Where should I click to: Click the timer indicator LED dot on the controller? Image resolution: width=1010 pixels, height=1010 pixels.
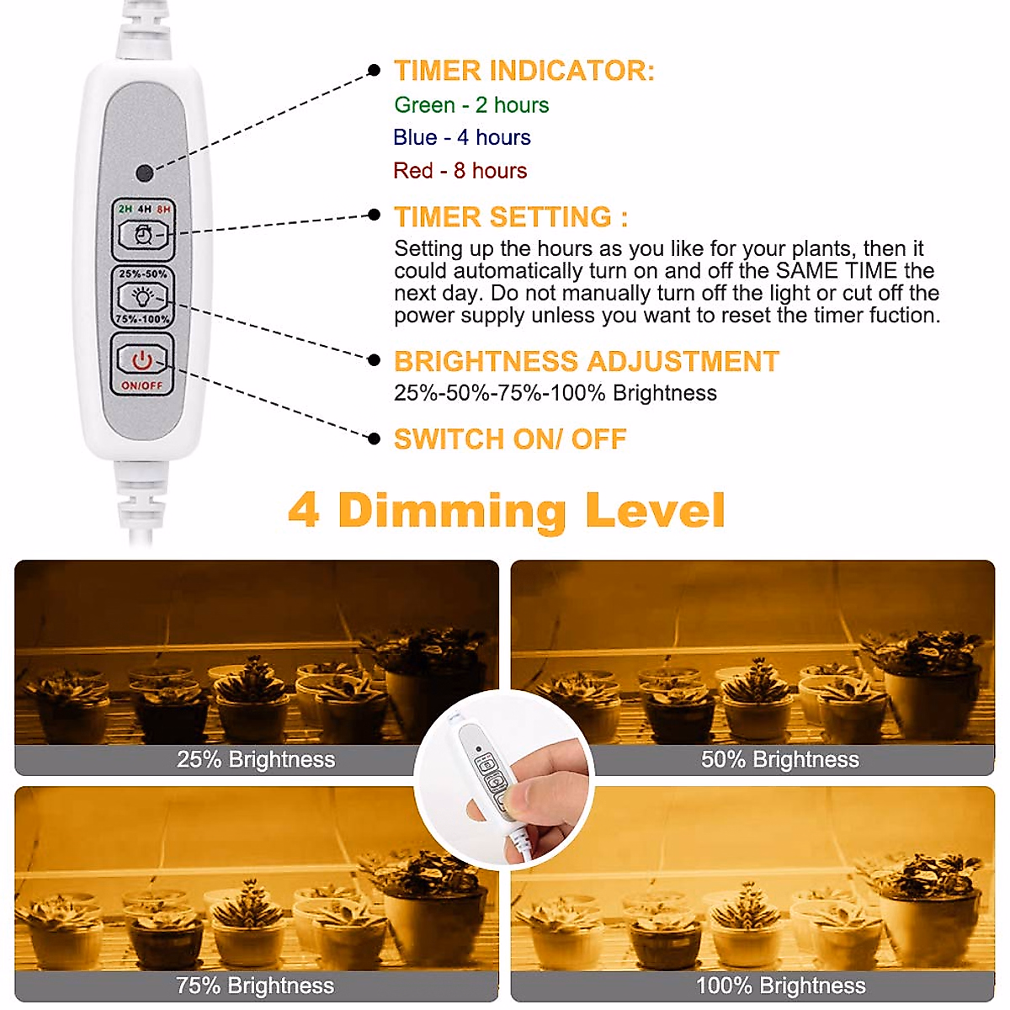[x=144, y=173]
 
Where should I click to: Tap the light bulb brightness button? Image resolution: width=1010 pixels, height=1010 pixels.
[x=143, y=296]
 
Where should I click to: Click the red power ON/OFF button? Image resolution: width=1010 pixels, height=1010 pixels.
[x=142, y=361]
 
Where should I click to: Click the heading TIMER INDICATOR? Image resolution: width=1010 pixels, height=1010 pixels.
[x=524, y=71]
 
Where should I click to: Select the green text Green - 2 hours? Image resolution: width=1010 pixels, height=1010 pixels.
[x=471, y=105]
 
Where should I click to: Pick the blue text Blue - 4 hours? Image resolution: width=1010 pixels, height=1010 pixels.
[x=461, y=137]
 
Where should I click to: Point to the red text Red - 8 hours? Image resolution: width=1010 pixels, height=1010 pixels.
[x=460, y=171]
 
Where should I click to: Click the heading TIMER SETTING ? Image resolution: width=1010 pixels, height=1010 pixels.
[x=511, y=217]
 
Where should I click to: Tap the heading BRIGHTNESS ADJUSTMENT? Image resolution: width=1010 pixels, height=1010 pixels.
[x=586, y=362]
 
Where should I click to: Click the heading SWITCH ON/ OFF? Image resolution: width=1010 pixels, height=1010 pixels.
[x=510, y=439]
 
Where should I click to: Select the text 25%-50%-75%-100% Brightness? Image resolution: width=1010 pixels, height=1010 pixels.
[x=555, y=393]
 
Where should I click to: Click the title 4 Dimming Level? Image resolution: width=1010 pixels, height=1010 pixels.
[x=506, y=511]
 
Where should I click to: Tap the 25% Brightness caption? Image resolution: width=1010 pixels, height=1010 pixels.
[x=256, y=760]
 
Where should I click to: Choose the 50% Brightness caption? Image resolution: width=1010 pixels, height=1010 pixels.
[x=779, y=760]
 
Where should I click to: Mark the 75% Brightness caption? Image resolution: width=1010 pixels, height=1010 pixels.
[x=255, y=986]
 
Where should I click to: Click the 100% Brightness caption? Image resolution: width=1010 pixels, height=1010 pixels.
[x=780, y=986]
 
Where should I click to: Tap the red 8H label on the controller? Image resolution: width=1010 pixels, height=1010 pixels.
[x=163, y=209]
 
